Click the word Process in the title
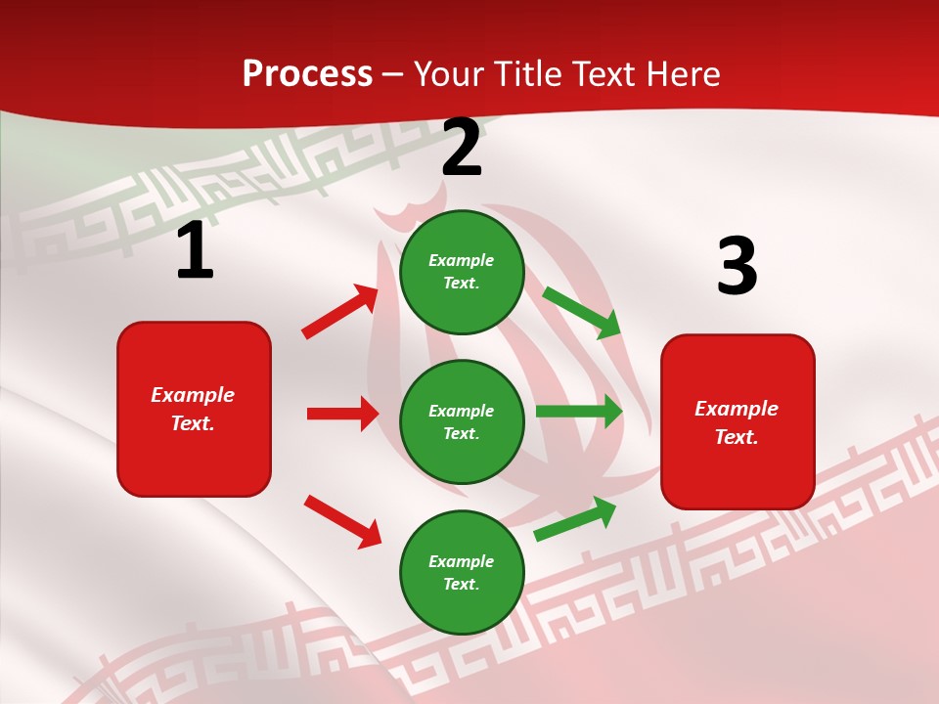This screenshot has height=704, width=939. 307,74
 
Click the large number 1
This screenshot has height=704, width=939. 195,250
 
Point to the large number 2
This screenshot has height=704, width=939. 462,148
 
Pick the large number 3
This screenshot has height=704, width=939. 738,266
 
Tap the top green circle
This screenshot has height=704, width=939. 462,272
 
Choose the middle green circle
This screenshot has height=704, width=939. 462,422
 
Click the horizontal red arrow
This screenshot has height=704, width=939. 342,414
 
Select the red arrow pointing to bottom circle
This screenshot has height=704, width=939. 342,521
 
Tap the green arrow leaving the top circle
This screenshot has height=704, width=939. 582,312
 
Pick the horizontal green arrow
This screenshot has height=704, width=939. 579,412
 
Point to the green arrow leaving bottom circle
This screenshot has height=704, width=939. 575,519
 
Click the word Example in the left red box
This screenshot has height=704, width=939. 193,395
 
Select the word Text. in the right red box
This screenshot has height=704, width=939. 737,437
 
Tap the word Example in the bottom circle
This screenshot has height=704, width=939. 462,561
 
